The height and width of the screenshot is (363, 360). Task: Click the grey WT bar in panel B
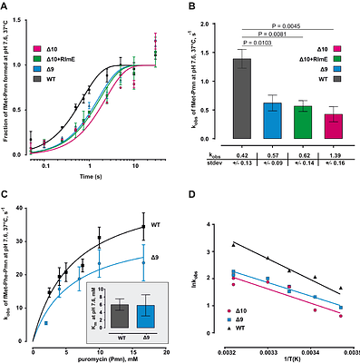[x=241, y=99]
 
